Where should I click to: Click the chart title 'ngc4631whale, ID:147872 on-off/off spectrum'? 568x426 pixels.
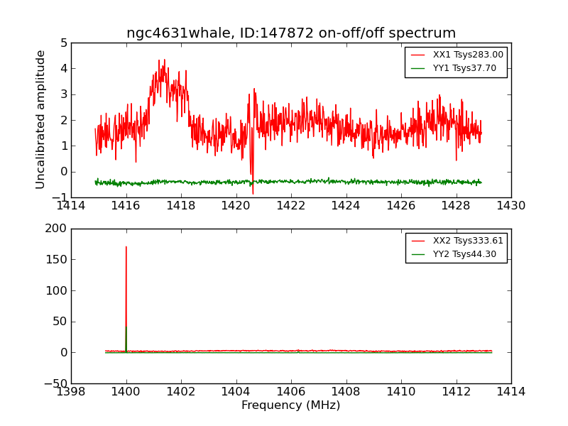pyautogui.click(x=291, y=33)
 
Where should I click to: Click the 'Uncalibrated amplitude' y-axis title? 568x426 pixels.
pyautogui.click(x=41, y=119)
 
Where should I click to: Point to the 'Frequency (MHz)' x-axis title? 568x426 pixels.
pyautogui.click(x=291, y=405)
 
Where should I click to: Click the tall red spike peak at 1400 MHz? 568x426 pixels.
pyautogui.click(x=126, y=248)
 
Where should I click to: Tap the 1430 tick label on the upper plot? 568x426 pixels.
pyautogui.click(x=511, y=206)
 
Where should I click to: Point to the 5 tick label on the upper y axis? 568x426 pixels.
pyautogui.click(x=64, y=43)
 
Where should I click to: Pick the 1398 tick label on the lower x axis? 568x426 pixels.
pyautogui.click(x=71, y=392)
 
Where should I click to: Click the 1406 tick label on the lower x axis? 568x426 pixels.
pyautogui.click(x=291, y=392)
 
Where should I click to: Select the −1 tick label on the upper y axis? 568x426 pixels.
pyautogui.click(x=61, y=197)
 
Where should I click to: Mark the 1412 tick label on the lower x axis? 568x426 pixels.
pyautogui.click(x=456, y=392)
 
